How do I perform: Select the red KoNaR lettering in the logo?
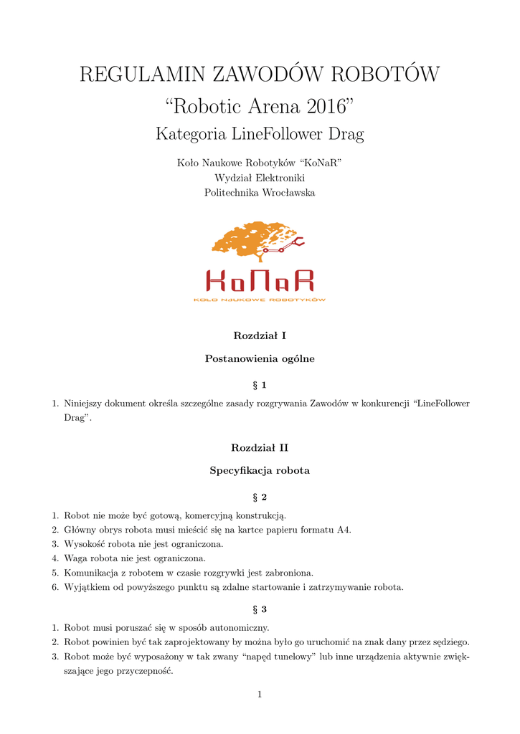click(x=260, y=281)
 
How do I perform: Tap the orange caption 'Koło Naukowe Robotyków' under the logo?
click(x=260, y=299)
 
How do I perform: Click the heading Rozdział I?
click(x=260, y=335)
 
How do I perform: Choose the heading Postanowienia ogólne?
click(x=260, y=358)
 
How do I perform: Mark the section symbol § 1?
click(x=260, y=384)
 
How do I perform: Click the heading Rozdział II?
click(x=260, y=447)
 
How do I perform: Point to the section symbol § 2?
click(x=260, y=497)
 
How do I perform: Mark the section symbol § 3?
click(x=260, y=609)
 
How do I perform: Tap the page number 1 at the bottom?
click(x=260, y=693)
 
